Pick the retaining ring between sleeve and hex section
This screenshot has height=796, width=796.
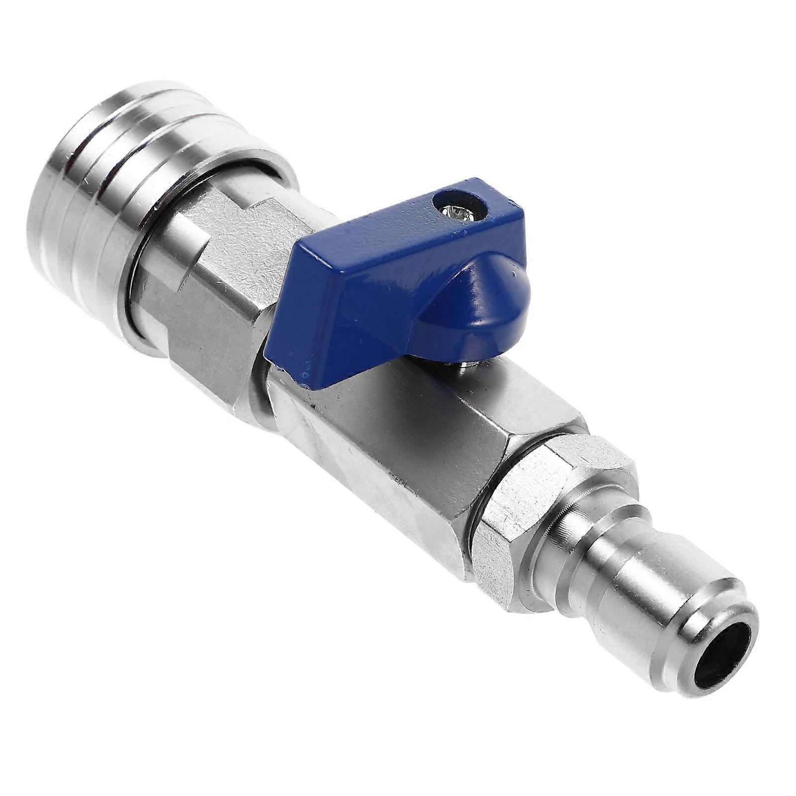click(149, 259)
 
